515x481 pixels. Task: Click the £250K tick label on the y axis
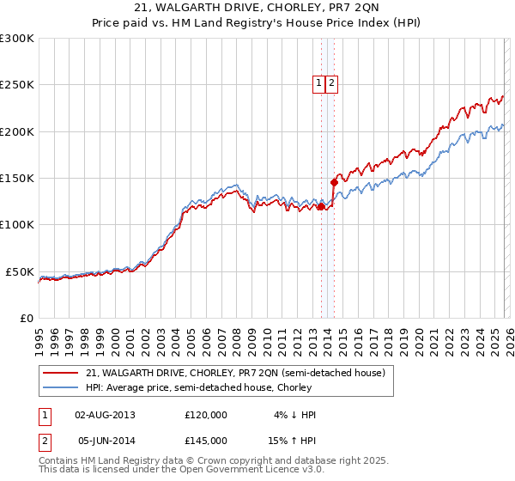(x=17, y=85)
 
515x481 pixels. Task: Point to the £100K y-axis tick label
(x=17, y=225)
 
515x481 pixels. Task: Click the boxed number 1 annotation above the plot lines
(x=318, y=83)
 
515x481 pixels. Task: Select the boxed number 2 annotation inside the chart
(x=331, y=83)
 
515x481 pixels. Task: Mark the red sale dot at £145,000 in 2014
(x=335, y=182)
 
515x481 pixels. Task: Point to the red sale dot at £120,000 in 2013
(x=322, y=206)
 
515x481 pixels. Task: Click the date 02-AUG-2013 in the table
(x=106, y=415)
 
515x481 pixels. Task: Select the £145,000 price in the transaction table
(x=206, y=440)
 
